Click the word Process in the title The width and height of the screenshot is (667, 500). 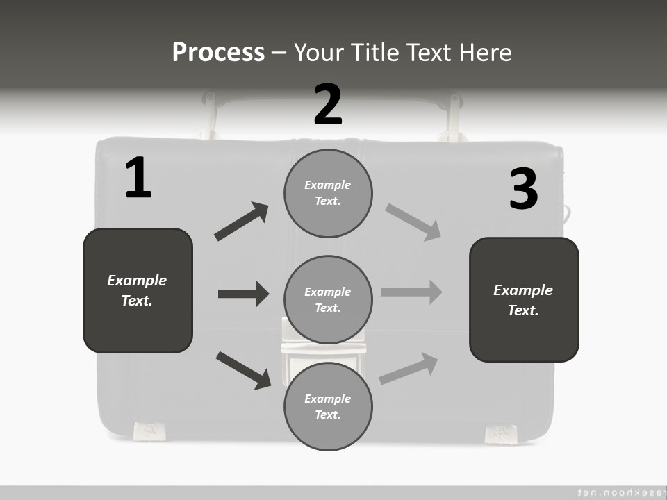point(218,53)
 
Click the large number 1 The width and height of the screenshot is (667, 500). point(138,178)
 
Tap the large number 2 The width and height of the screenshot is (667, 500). point(328,105)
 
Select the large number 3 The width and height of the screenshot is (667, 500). point(523,189)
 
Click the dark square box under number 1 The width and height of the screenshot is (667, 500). point(138,290)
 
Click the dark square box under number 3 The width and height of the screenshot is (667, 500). point(524,299)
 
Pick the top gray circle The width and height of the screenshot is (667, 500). point(328,193)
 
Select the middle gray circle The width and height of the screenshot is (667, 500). point(328,299)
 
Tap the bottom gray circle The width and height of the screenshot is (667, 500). point(328,406)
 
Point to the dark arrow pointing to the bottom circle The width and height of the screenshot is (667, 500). point(243,370)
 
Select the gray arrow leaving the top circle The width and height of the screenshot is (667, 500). point(413,222)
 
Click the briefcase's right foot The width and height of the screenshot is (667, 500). point(500,433)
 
